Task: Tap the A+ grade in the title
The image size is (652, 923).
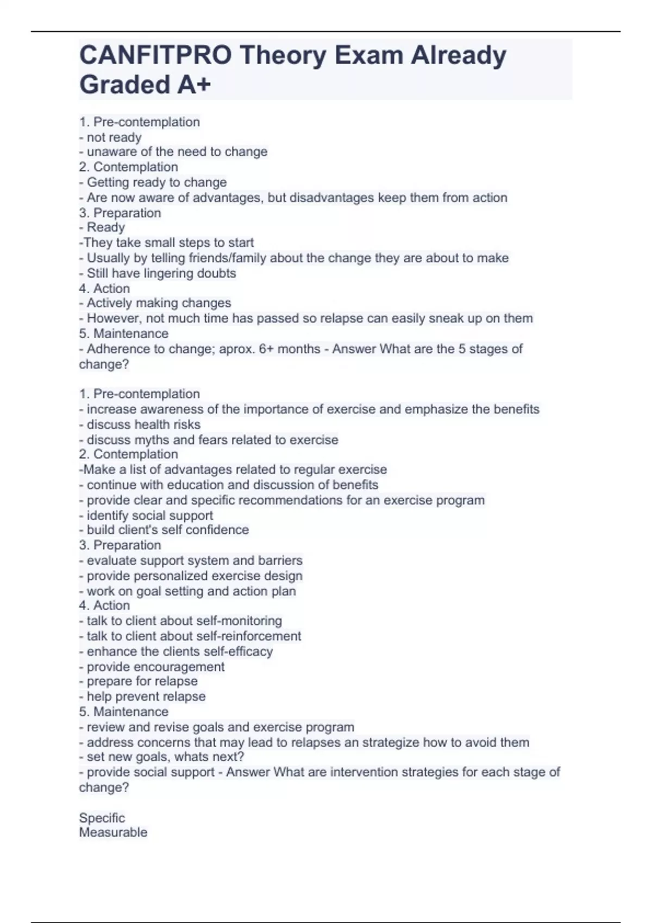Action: pyautogui.click(x=193, y=85)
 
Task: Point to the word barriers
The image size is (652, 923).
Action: pyautogui.click(x=280, y=560)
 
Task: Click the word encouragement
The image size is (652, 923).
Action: pyautogui.click(x=179, y=667)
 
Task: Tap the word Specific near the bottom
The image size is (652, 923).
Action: pyautogui.click(x=102, y=818)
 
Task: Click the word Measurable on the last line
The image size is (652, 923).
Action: pyautogui.click(x=113, y=832)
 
